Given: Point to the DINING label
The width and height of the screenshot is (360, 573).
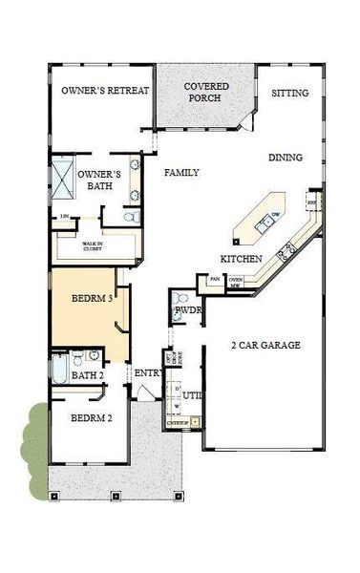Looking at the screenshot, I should point(286,158).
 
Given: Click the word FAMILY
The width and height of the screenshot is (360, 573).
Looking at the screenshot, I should point(181,173).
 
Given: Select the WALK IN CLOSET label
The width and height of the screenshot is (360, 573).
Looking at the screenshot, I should point(92,245).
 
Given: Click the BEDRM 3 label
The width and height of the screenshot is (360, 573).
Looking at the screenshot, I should point(92,298).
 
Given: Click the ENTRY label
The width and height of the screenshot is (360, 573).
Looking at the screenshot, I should point(146,372).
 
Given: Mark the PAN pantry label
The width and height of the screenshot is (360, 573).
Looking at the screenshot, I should point(216,280).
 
